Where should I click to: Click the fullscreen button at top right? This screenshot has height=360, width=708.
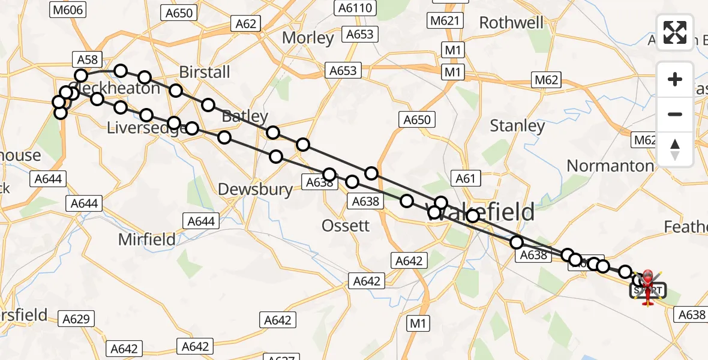coord(675,32)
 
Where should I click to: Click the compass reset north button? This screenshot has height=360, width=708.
coord(675,149)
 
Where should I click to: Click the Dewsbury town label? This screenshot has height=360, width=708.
coord(255,190)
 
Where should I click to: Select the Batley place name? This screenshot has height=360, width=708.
coord(245,116)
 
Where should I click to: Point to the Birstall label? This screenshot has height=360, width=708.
coord(205,72)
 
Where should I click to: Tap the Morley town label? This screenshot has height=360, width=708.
coord(308,38)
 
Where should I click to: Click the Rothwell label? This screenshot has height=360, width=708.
coord(511,23)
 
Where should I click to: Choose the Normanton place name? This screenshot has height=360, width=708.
coord(610,166)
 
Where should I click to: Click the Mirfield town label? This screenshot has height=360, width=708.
coord(147,239)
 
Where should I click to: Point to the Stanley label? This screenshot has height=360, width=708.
coord(517,126)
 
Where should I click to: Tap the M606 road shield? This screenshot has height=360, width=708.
coord(69,10)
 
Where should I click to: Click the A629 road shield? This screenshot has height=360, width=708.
coord(76,319)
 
